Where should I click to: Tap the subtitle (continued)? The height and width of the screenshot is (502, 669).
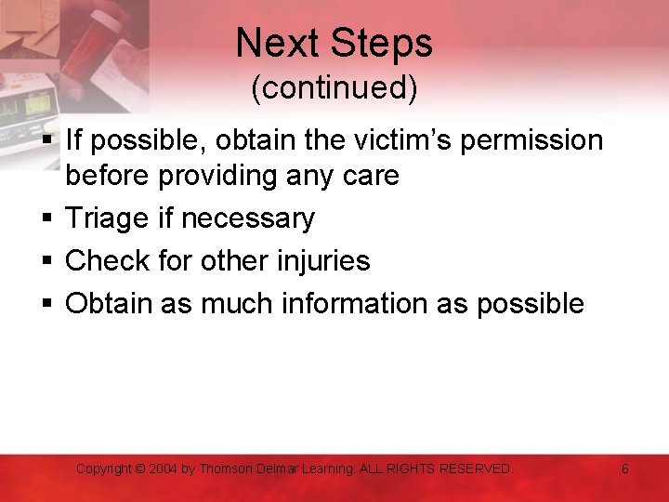click(334, 87)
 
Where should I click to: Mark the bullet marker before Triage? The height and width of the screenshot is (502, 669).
click(46, 218)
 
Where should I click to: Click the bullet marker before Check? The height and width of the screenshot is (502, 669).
click(46, 261)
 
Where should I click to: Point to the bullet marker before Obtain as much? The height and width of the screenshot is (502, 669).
click(46, 304)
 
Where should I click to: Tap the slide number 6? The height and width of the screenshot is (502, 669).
click(624, 469)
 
